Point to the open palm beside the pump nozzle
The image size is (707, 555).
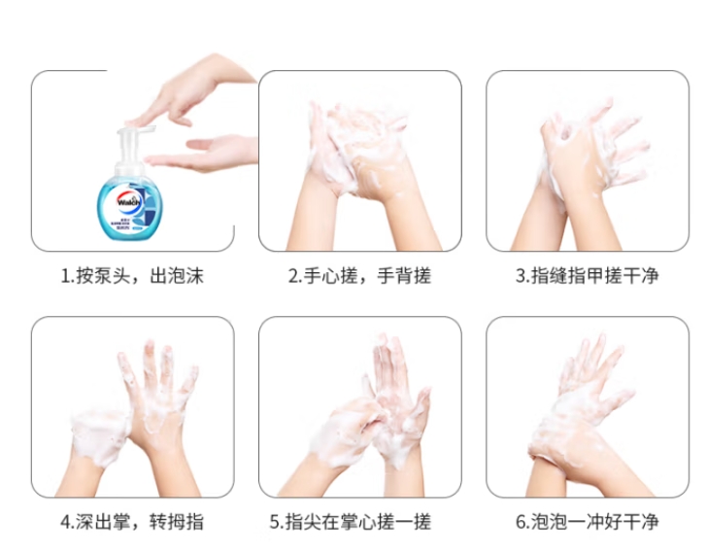pos(201,154)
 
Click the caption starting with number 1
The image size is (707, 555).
pos(132,276)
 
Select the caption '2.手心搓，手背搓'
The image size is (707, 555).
pos(359,276)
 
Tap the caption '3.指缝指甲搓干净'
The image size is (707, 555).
pos(588,276)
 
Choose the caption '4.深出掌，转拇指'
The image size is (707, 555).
pos(132,522)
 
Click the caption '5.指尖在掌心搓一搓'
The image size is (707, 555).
pos(351,522)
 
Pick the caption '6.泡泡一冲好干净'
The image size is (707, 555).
pos(588,522)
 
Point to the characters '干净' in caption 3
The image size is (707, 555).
pos(641,276)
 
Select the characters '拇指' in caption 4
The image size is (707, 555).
pos(185,522)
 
